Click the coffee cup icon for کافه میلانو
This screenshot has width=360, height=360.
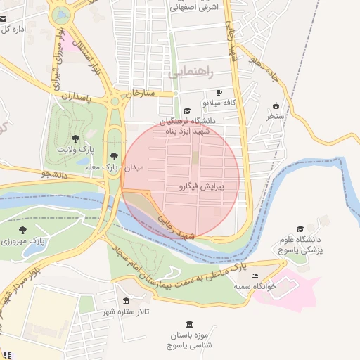click(219, 93)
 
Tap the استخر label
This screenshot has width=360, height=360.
click(276, 116)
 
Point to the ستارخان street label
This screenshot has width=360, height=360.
click(139, 93)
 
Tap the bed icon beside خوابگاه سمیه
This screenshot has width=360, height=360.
click(255, 276)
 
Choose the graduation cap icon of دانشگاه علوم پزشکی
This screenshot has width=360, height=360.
click(301, 229)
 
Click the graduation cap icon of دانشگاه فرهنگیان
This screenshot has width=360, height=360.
click(186, 111)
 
